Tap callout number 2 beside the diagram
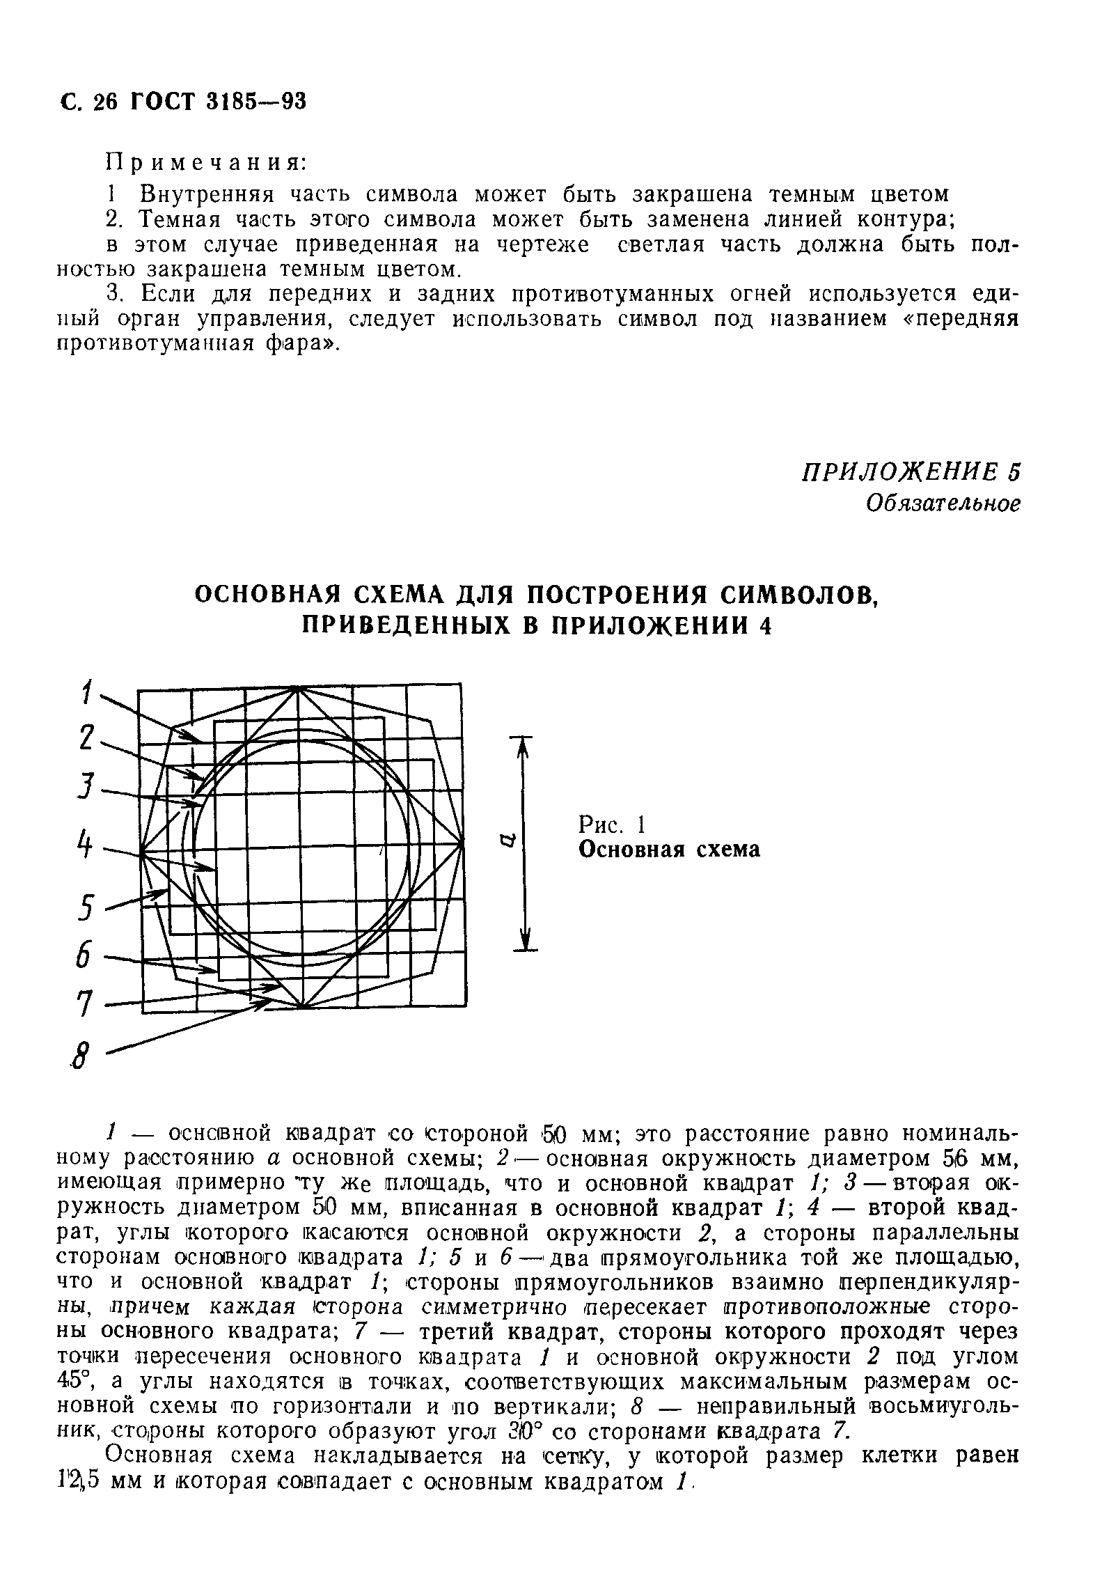(86, 738)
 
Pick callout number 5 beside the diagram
(86, 909)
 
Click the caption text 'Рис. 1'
(612, 825)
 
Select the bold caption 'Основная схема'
(670, 850)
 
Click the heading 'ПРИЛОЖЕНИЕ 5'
(911, 471)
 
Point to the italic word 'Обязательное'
(943, 503)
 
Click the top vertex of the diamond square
(298, 688)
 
